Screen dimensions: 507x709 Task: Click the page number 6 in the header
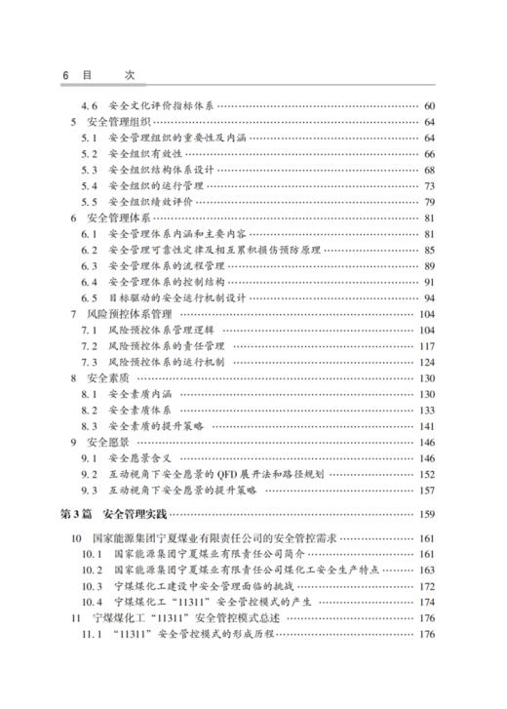(65, 72)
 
